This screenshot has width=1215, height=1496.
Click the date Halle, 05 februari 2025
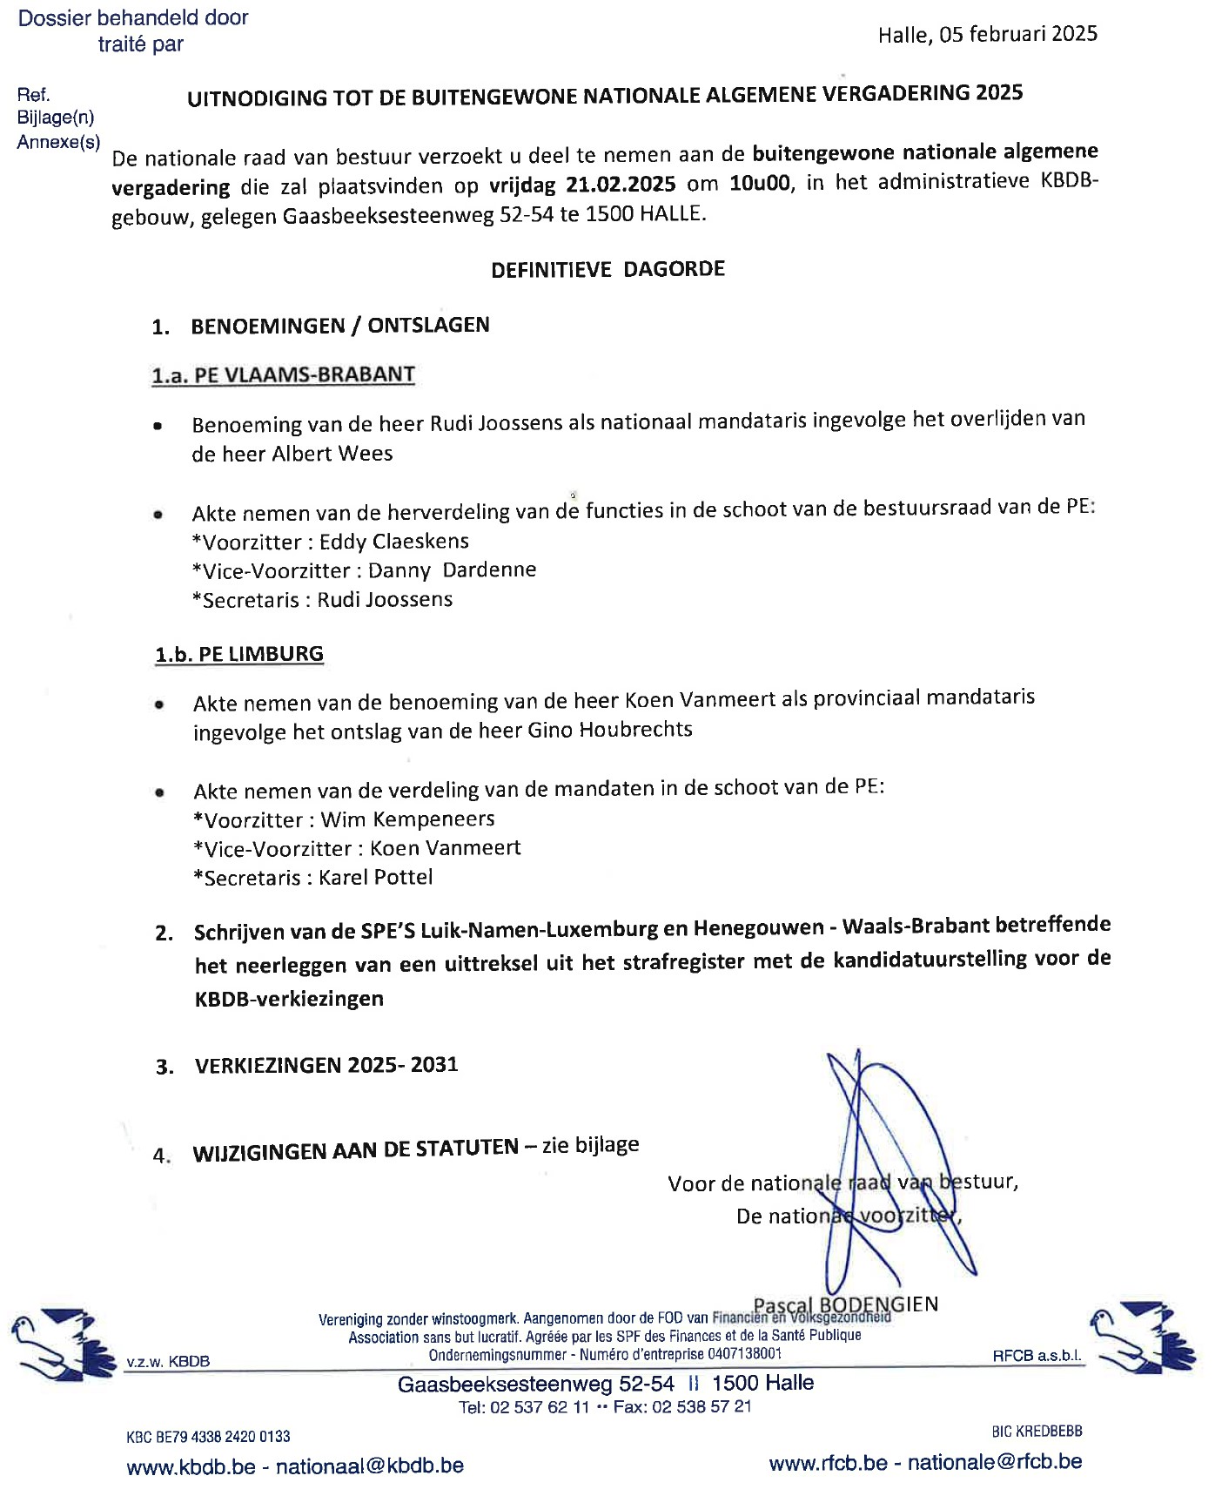987,34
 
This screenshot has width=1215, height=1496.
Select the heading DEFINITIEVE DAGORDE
607,269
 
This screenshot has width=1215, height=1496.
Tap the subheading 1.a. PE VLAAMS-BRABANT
283,375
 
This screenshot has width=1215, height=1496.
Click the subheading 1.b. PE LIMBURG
239,654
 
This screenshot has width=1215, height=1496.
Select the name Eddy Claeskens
393,541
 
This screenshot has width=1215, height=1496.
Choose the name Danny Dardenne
452,570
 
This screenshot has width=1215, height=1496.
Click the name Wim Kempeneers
407,819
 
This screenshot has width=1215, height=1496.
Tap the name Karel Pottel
375,877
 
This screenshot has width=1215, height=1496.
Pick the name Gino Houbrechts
610,730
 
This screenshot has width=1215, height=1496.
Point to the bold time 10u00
761,184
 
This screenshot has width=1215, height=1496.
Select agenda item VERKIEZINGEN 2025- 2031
326,1065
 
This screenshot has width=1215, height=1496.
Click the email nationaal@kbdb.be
369,1466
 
